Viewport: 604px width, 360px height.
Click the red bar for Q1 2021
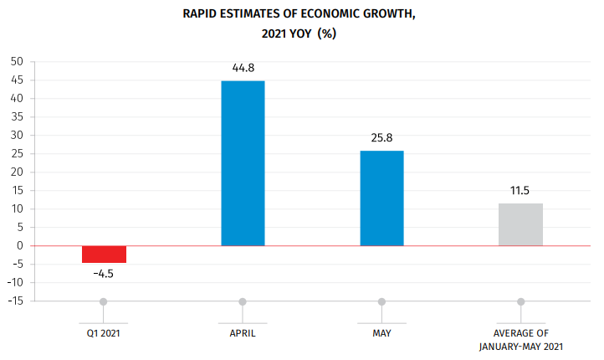click(x=104, y=255)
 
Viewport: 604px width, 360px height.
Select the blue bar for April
click(x=243, y=163)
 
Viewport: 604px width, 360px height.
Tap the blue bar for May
click(x=381, y=198)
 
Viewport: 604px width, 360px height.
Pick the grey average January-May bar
click(x=520, y=224)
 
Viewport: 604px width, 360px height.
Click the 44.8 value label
click(x=243, y=68)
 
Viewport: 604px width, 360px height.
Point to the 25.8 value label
click(x=381, y=137)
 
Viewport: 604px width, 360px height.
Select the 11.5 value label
click(x=520, y=190)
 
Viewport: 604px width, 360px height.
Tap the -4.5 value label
click(x=104, y=273)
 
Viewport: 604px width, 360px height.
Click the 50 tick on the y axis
click(x=17, y=62)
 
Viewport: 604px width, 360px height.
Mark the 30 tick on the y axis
click(x=17, y=136)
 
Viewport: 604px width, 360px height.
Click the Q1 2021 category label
click(x=104, y=333)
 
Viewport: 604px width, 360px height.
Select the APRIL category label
click(x=243, y=333)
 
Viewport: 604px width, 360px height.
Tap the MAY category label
click(x=381, y=333)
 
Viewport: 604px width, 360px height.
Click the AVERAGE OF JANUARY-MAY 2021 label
click(x=520, y=340)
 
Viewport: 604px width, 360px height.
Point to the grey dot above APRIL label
click(x=243, y=301)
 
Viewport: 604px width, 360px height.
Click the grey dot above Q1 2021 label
click(x=104, y=301)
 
